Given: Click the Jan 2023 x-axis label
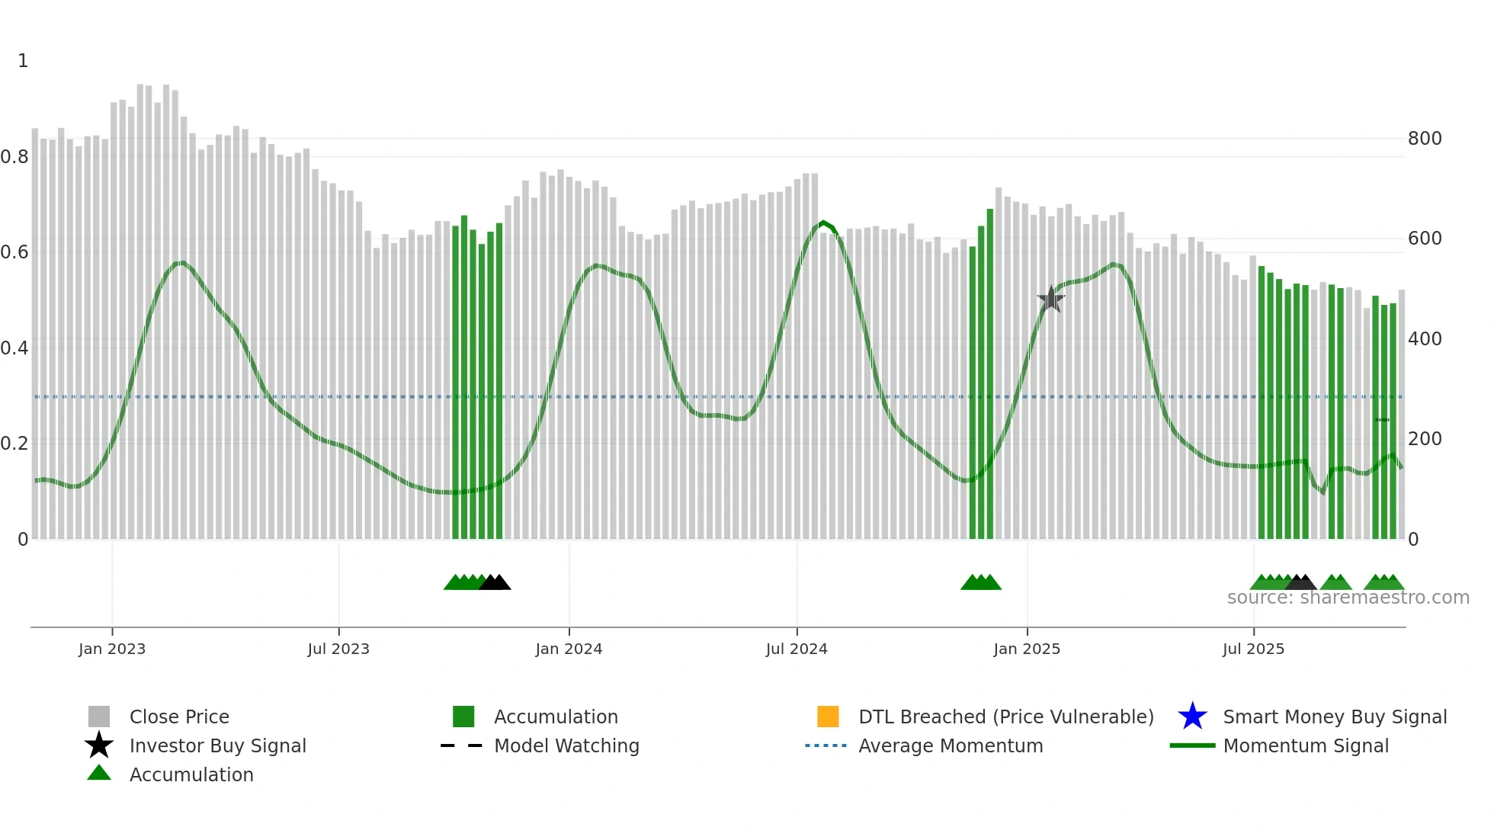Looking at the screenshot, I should [112, 649].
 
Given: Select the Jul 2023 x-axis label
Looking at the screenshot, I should [338, 649].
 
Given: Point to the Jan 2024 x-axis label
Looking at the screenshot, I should [569, 649].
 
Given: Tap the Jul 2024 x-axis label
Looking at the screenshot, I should [797, 649].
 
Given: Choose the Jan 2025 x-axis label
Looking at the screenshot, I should [1027, 649].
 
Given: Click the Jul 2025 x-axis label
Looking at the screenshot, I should [1253, 649].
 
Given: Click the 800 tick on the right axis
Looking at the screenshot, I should [1425, 139].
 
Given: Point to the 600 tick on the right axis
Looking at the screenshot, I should [1425, 239].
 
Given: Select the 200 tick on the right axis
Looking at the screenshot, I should [1425, 439].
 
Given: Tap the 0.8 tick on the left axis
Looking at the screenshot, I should [14, 157].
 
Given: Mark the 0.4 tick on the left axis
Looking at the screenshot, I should [14, 348].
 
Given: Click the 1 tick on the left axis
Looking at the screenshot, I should [23, 61].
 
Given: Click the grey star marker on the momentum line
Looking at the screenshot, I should [1051, 300].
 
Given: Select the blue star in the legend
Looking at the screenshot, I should [1192, 717].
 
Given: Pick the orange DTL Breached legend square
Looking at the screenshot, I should [828, 717].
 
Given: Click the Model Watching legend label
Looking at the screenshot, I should [566, 745].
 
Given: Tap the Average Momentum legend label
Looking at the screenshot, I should [951, 745].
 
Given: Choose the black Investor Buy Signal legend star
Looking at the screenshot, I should [99, 745].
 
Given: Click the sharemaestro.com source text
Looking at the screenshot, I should [1348, 598].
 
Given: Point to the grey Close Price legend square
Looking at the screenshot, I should [99, 717].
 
